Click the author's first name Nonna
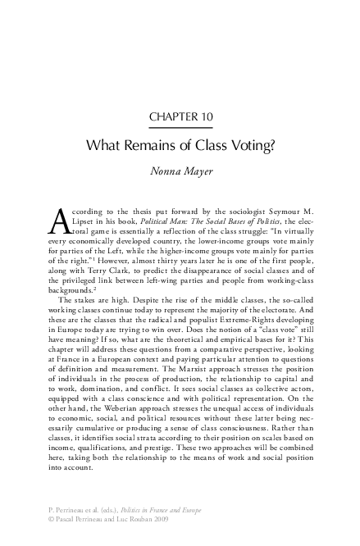tap(165, 173)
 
